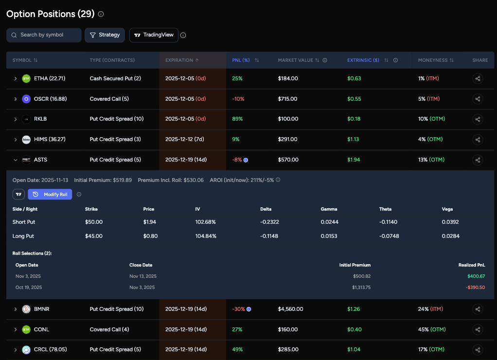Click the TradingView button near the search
click(x=154, y=35)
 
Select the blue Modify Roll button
click(x=50, y=195)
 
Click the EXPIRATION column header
click(x=179, y=60)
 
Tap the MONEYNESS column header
click(x=433, y=60)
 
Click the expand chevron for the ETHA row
click(x=15, y=78)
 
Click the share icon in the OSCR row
click(x=478, y=99)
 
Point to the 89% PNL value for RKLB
click(x=237, y=119)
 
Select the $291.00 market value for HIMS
click(x=287, y=140)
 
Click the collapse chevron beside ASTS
click(x=15, y=160)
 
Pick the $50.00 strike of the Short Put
click(x=93, y=222)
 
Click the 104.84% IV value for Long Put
click(x=206, y=236)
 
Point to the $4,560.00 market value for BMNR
click(x=290, y=309)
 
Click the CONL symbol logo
click(x=26, y=329)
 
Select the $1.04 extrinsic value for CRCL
click(x=354, y=350)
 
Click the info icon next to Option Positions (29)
click(x=101, y=14)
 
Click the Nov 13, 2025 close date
click(x=143, y=276)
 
